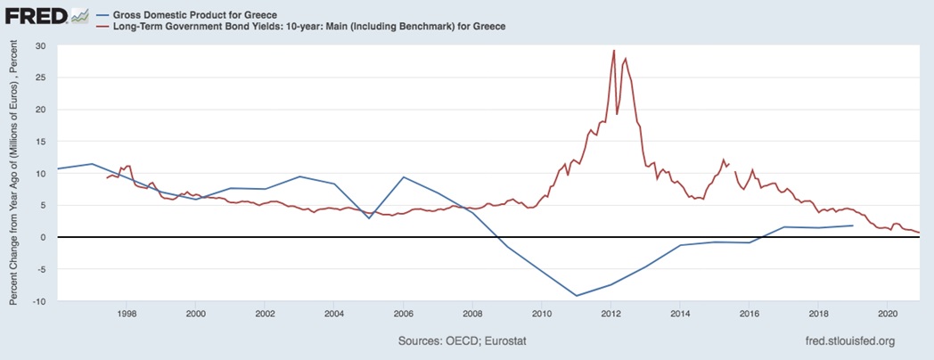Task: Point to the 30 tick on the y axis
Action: pyautogui.click(x=39, y=45)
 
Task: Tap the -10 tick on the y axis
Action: pyautogui.click(x=37, y=301)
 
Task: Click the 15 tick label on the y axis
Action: pyautogui.click(x=39, y=142)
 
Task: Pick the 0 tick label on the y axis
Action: pyautogui.click(x=42, y=237)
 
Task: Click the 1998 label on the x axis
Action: pyautogui.click(x=127, y=314)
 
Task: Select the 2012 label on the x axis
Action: pyautogui.click(x=610, y=314)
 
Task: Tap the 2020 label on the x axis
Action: pyautogui.click(x=888, y=314)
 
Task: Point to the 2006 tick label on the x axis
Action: pyautogui.click(x=403, y=314)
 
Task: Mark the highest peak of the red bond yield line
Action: pyautogui.click(x=614, y=51)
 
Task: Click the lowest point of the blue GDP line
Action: pyautogui.click(x=577, y=296)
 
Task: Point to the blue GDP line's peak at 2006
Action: pyautogui.click(x=404, y=177)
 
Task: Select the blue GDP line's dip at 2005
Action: pyautogui.click(x=369, y=218)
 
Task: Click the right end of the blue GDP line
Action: pyautogui.click(x=853, y=225)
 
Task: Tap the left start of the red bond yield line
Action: pyautogui.click(x=106, y=178)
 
